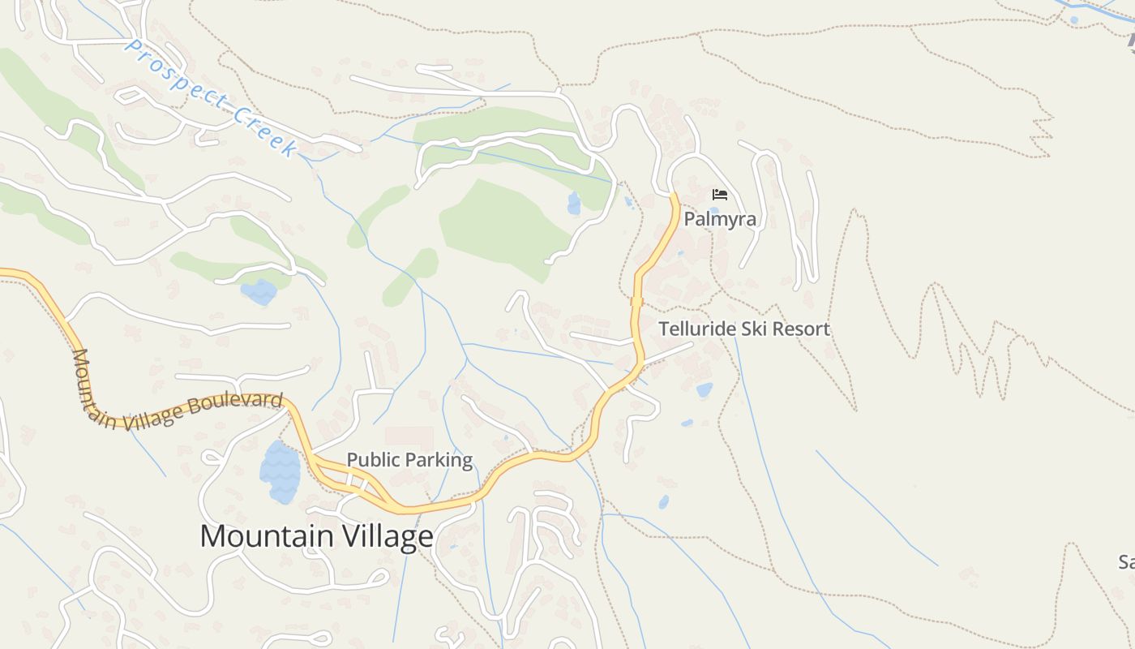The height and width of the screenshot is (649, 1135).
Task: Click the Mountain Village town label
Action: (316, 536)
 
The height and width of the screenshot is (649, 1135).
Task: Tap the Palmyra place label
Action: (720, 219)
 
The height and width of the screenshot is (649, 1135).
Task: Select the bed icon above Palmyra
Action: (719, 195)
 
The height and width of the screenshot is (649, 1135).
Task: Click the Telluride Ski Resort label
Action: (744, 329)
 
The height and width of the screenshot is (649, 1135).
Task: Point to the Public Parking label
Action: (409, 460)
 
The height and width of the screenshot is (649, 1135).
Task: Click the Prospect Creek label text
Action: (211, 97)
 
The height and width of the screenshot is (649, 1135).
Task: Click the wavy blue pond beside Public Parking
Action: (280, 472)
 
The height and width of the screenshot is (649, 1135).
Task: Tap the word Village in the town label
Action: (386, 536)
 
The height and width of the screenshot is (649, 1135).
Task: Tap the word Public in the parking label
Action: (374, 460)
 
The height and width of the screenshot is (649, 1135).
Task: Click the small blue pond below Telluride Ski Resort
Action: (705, 390)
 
